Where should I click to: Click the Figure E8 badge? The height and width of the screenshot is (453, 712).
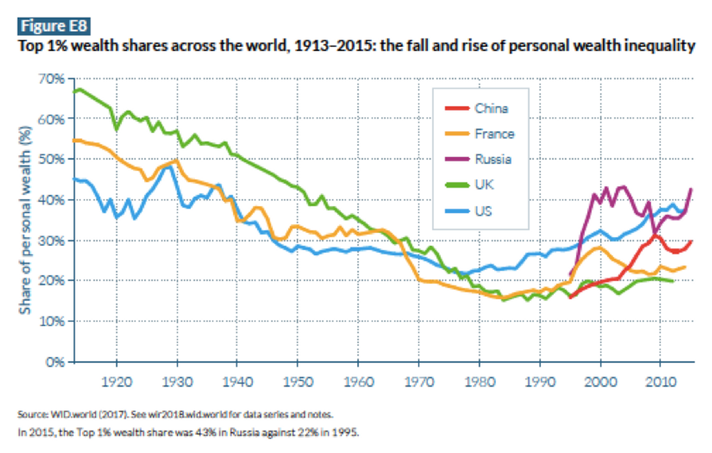[x=54, y=27]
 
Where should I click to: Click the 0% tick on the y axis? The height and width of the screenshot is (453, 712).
[x=56, y=362]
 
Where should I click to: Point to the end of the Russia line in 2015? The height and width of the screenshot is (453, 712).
[x=691, y=189]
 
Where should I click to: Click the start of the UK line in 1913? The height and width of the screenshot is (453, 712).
[x=75, y=92]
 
